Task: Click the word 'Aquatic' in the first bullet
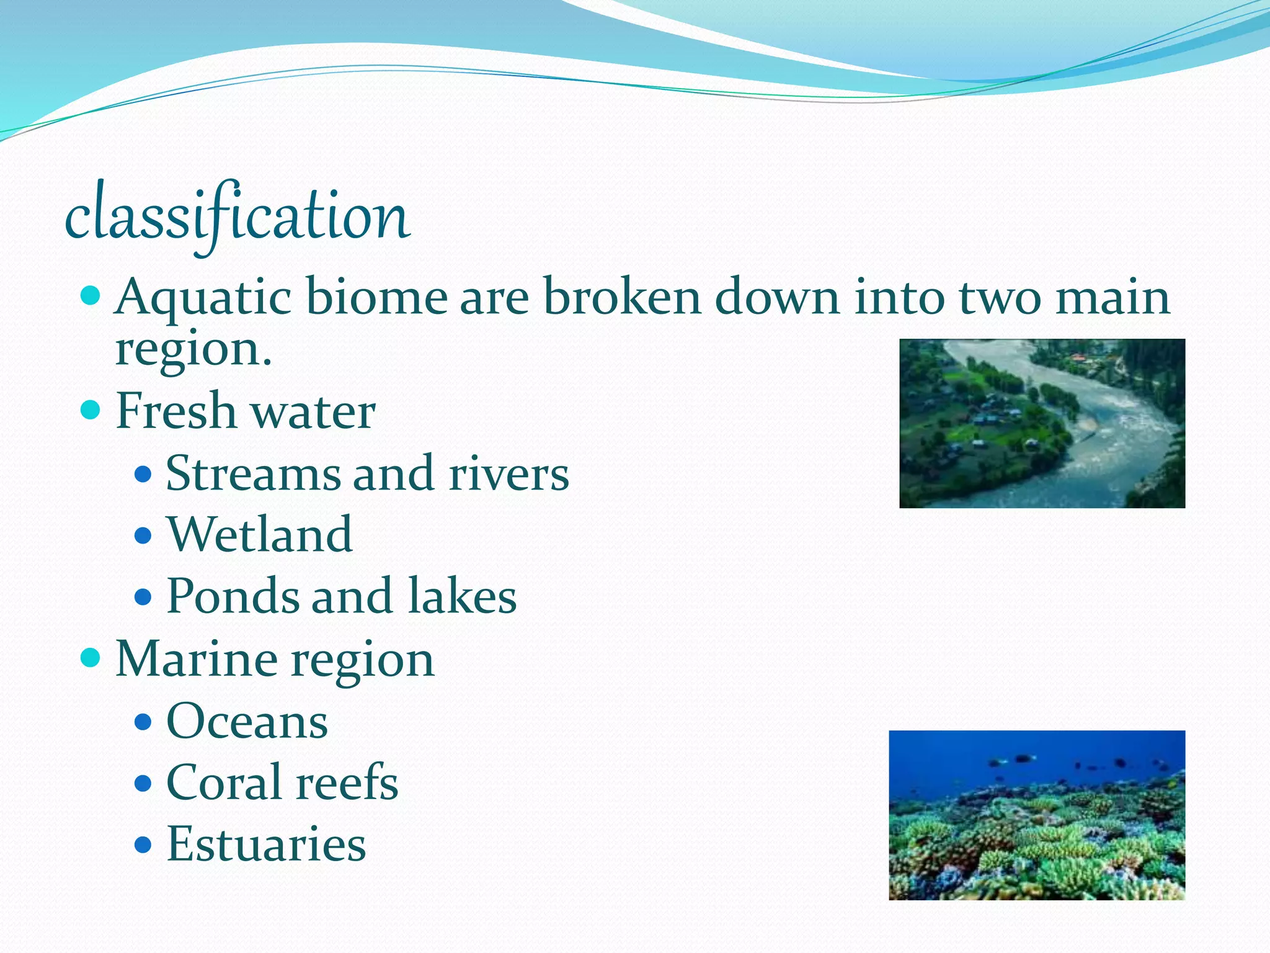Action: (x=203, y=298)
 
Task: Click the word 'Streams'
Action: (x=253, y=473)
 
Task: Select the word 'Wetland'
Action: (x=259, y=534)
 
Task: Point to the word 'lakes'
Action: (x=463, y=596)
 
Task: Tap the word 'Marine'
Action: (x=196, y=659)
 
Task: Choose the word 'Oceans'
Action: (x=247, y=721)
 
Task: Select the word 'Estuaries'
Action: (x=266, y=844)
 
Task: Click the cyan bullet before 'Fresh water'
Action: (x=91, y=409)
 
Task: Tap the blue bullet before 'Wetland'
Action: (x=143, y=535)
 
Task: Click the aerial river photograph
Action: (x=1042, y=423)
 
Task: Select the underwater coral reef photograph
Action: (x=1036, y=815)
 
